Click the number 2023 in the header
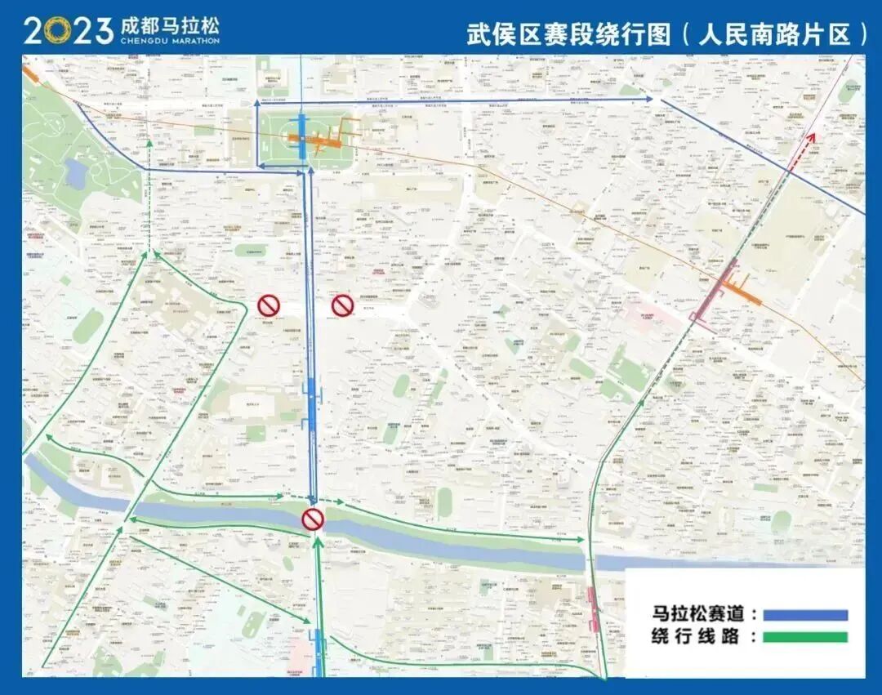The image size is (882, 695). pyautogui.click(x=68, y=30)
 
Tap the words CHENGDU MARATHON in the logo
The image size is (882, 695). pyautogui.click(x=169, y=40)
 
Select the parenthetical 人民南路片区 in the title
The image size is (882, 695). pyautogui.click(x=774, y=33)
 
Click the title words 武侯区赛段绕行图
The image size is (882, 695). pyautogui.click(x=568, y=33)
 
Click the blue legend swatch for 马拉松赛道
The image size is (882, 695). pyautogui.click(x=804, y=615)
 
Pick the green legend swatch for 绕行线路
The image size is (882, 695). pyautogui.click(x=804, y=637)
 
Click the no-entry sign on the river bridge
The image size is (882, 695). pyautogui.click(x=313, y=519)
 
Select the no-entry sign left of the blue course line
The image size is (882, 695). pyautogui.click(x=269, y=305)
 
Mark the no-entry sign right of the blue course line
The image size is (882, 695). pyautogui.click(x=341, y=305)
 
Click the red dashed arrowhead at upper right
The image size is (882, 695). pyautogui.click(x=812, y=136)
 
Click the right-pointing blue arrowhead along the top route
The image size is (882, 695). pyautogui.click(x=648, y=99)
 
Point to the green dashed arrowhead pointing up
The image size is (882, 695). pyautogui.click(x=149, y=143)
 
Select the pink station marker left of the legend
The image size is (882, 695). pyautogui.click(x=594, y=609)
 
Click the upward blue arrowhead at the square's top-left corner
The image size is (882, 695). pyautogui.click(x=258, y=103)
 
